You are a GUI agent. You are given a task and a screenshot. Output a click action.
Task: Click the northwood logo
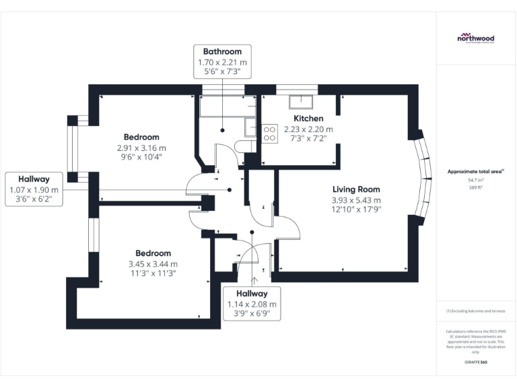(475, 38)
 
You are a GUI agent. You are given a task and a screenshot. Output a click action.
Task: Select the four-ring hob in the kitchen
(269, 133)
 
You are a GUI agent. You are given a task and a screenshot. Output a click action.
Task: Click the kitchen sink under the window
(300, 102)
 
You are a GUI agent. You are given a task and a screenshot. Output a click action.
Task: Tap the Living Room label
(356, 189)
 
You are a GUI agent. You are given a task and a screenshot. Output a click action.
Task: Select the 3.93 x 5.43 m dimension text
(356, 200)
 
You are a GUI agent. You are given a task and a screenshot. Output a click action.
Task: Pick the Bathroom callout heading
(222, 51)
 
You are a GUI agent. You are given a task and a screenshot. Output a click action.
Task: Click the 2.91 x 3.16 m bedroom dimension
(141, 148)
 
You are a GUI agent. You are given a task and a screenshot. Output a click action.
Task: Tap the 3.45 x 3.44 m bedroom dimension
(153, 264)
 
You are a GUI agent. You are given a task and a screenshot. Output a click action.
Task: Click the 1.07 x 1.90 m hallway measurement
(34, 190)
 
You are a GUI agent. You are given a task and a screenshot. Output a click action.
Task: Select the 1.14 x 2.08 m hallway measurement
(251, 304)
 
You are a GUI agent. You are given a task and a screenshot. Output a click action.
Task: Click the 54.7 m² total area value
(475, 181)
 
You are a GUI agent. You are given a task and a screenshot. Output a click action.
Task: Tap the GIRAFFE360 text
(475, 363)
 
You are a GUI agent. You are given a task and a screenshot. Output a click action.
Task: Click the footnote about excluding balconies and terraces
(475, 311)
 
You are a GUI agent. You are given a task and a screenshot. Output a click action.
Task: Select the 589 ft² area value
(475, 188)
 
